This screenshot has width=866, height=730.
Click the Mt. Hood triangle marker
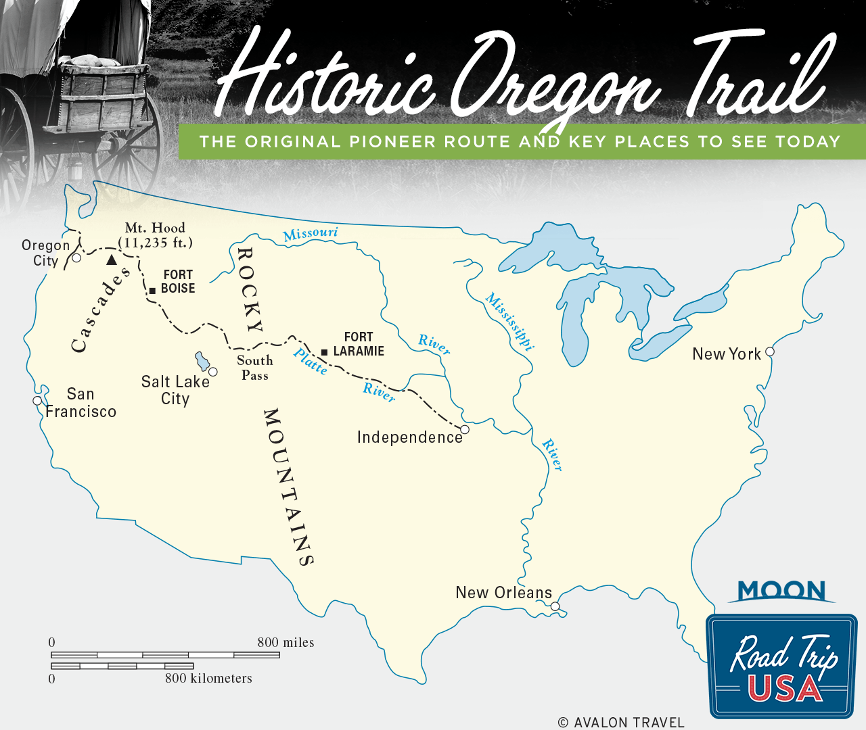point(112,260)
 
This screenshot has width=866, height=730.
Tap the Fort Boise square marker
point(153,291)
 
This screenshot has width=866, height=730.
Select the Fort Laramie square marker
point(325,352)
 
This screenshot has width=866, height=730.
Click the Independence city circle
point(465,429)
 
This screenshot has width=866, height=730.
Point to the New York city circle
point(769,351)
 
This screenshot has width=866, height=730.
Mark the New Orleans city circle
point(555,606)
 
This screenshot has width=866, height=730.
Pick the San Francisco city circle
point(37,401)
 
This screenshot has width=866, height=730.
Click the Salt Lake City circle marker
point(213,372)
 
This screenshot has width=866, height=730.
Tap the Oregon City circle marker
point(76,258)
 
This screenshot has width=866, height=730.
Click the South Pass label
point(255,368)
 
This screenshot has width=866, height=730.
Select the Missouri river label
point(311,234)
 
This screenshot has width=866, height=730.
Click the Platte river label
point(311,362)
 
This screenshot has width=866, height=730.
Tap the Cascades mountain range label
point(100,310)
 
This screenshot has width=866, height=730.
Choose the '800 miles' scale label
point(286,642)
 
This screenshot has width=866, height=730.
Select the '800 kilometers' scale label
point(208,678)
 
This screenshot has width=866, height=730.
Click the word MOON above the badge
point(781,591)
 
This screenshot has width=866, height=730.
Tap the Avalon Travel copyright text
point(621,723)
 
